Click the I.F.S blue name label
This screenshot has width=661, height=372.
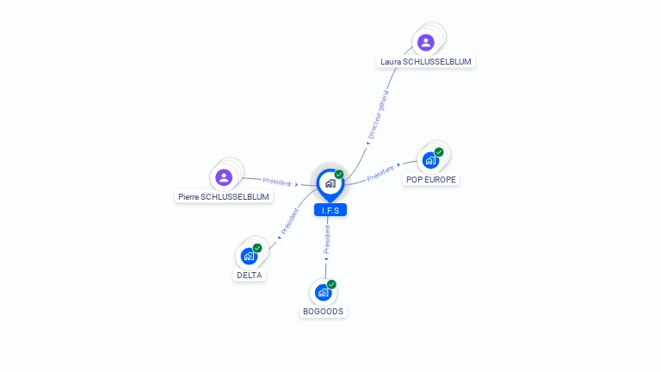coord(330,210)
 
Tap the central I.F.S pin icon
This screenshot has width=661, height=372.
coord(330,185)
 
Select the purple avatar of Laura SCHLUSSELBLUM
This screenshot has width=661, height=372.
coord(426,42)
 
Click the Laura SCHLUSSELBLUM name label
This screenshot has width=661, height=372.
coord(426,62)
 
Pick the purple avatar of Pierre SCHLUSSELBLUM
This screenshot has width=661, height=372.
coord(224,177)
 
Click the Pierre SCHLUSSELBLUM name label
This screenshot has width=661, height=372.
coord(224,197)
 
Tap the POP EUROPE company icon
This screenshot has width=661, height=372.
coord(430,160)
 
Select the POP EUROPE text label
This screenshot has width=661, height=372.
coord(431,180)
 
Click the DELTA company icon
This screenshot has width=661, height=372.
coord(249,256)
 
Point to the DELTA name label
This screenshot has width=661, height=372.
coord(249,276)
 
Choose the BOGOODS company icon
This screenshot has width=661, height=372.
coord(324,292)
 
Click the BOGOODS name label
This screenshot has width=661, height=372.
coord(324,312)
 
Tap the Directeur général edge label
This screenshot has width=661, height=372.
coord(378,115)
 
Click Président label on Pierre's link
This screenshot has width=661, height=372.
coord(277,182)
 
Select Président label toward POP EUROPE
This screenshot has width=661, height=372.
coord(380,173)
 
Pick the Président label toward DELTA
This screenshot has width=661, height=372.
coord(289,221)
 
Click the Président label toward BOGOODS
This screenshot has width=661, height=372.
coord(327,239)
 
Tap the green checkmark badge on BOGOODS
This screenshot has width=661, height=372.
coord(331,284)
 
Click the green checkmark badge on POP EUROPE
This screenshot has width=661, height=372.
coord(439,152)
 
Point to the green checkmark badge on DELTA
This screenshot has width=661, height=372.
coord(257,248)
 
